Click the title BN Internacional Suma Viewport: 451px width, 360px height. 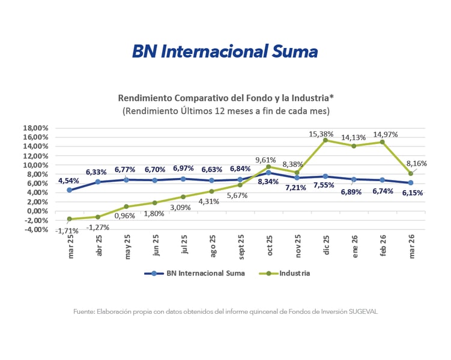225,51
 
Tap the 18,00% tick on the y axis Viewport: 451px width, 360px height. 35,128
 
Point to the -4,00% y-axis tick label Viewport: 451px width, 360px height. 35,229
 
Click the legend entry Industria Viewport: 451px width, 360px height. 294,274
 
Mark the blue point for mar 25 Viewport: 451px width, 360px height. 70,190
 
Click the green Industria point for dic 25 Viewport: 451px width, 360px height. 325,140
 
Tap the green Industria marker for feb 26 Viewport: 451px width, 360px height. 383,142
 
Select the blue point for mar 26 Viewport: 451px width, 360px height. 411,182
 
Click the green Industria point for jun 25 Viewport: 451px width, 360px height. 155,203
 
